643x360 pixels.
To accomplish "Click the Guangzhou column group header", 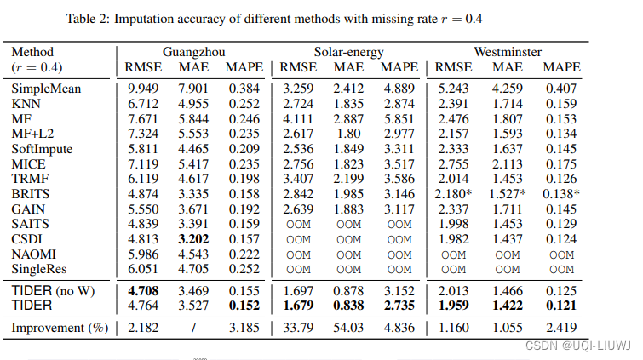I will pyautogui.click(x=192, y=51).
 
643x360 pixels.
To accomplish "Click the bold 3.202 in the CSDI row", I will pyautogui.click(x=192, y=238).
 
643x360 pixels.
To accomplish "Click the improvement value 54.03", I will pyautogui.click(x=348, y=327).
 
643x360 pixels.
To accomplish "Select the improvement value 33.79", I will pyautogui.click(x=296, y=327).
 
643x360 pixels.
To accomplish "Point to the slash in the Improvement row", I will pyautogui.click(x=192, y=327).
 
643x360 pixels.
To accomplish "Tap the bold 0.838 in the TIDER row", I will pyautogui.click(x=348, y=305).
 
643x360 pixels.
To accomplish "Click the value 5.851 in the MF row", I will pyautogui.click(x=399, y=118).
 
